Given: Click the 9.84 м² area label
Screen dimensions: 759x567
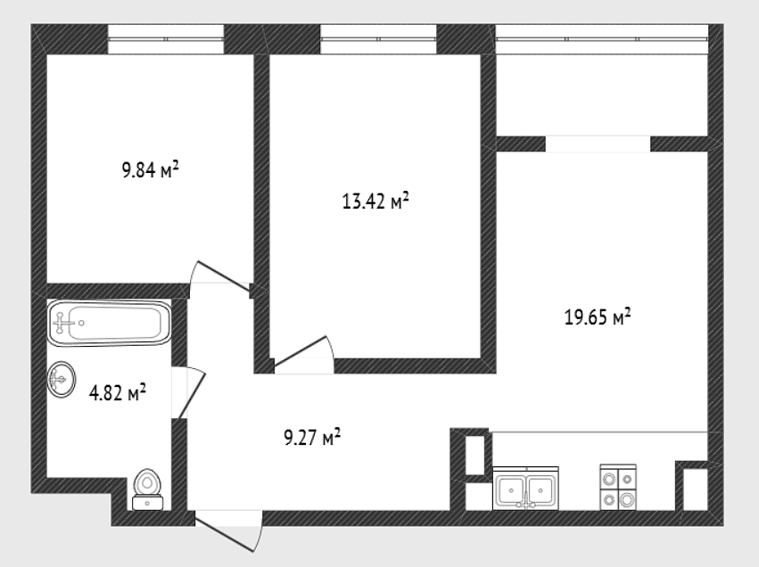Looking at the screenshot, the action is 150,169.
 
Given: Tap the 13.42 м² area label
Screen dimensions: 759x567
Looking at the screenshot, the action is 375,201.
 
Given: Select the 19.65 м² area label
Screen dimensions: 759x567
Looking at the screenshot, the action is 598,317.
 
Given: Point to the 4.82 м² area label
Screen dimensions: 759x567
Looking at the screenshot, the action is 117,393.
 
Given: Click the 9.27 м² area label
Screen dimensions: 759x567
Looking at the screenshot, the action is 312,438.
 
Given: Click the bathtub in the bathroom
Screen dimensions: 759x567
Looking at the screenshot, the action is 110,323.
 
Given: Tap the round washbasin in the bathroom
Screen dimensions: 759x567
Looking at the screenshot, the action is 62,380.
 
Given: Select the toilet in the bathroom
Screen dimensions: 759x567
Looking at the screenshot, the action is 147,489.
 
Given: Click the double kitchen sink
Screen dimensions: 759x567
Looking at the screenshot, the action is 525,489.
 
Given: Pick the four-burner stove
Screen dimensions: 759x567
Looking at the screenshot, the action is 618,487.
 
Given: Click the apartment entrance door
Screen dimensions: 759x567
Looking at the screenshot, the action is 228,532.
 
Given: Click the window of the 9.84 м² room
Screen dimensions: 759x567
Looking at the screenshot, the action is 166,39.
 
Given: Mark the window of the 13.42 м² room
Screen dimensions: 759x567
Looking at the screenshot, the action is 378,39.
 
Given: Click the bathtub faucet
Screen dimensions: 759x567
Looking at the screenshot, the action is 62,323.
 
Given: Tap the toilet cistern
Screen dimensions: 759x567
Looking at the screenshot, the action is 147,503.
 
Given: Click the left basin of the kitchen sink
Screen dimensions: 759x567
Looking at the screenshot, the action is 511,489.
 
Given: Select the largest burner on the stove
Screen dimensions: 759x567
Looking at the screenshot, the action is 627,499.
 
